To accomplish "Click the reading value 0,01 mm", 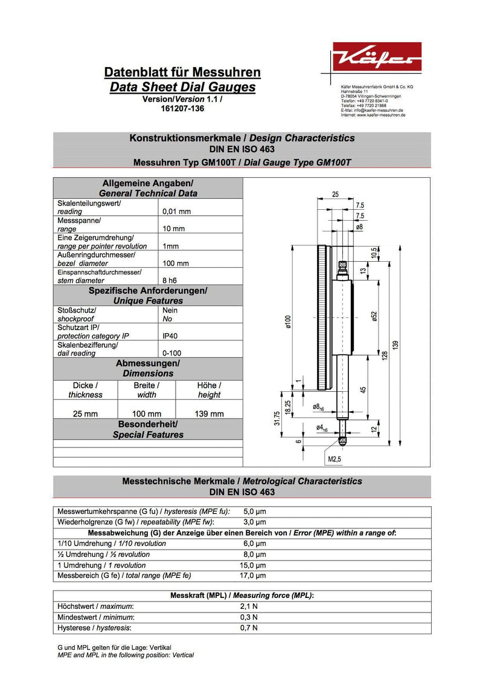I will (176, 212).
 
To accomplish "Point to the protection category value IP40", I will (170, 336).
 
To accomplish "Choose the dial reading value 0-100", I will (172, 353).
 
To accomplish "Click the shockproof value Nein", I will (170, 310).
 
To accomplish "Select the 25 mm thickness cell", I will (85, 414).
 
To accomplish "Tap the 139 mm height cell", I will (210, 414).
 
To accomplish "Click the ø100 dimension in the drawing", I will (289, 322).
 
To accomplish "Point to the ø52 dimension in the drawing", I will (374, 317).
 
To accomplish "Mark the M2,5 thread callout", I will (335, 459).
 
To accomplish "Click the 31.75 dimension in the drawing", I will (277, 418).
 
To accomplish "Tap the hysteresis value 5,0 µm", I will (254, 511).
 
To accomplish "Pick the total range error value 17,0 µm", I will (254, 576).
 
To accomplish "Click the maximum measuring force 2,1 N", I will (249, 606).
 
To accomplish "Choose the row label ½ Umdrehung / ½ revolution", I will (103, 554).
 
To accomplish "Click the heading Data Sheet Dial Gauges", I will (182, 87).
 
